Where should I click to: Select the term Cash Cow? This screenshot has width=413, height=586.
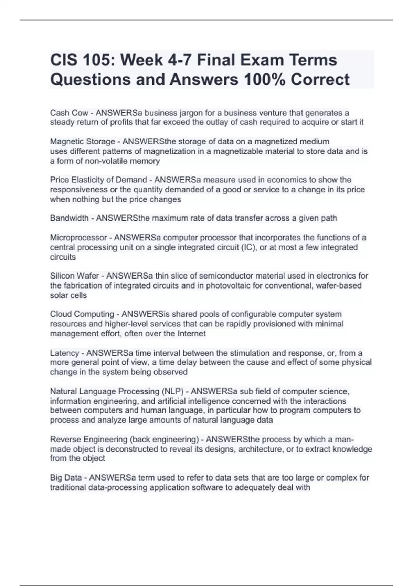(69, 113)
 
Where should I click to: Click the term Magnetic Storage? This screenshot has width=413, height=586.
(82, 142)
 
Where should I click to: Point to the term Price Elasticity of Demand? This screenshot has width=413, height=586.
(98, 180)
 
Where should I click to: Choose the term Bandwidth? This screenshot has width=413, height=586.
(69, 218)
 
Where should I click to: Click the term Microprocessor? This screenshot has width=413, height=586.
(78, 238)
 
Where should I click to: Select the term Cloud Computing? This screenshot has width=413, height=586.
(82, 314)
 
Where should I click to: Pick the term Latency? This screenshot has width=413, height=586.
(64, 353)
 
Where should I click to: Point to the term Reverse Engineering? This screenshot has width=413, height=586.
(88, 439)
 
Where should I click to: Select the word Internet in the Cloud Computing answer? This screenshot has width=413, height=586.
(192, 334)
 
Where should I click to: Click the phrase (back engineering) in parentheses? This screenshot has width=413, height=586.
(164, 439)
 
